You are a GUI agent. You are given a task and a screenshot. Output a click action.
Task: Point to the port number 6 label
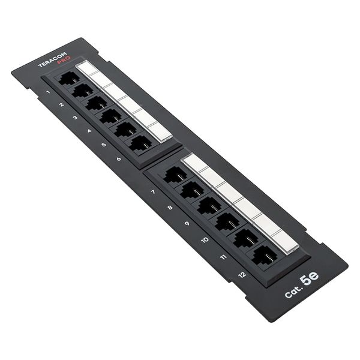(x=119, y=159)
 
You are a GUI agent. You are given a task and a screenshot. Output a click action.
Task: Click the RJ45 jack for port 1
(x=68, y=79)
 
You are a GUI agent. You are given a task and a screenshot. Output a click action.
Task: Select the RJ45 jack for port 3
(x=97, y=103)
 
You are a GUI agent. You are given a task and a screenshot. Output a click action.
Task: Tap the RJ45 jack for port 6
(x=140, y=143)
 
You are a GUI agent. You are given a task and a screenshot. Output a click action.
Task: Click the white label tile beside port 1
(x=86, y=67)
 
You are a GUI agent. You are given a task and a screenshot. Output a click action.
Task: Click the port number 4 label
(x=89, y=131)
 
